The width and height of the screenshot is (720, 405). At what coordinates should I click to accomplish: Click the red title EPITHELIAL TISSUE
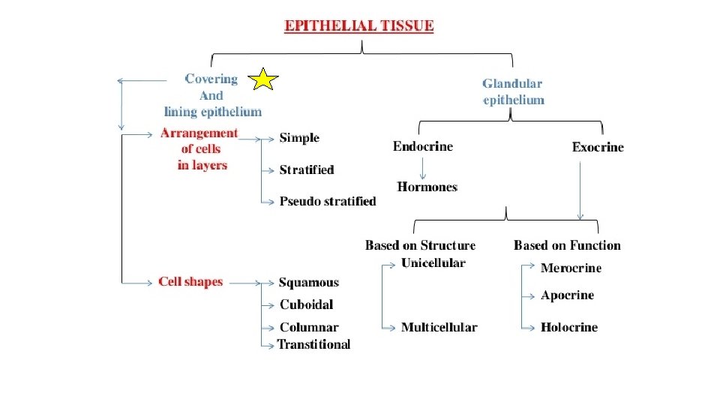tap(358, 25)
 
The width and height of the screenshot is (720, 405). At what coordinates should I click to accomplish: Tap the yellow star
tap(264, 78)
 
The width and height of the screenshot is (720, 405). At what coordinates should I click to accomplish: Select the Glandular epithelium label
tap(513, 91)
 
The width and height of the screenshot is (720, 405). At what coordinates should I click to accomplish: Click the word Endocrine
tap(423, 146)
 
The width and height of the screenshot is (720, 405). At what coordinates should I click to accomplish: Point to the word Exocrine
tap(598, 147)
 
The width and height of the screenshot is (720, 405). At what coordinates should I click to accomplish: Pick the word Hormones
tap(427, 187)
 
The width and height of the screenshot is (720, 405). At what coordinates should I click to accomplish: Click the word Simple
tap(299, 138)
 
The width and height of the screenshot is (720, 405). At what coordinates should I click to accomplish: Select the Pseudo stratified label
tap(328, 201)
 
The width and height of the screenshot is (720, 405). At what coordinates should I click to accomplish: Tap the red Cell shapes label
tap(190, 282)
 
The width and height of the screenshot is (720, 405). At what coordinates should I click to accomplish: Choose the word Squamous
tap(309, 283)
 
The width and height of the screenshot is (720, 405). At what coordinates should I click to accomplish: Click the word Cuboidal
tap(306, 304)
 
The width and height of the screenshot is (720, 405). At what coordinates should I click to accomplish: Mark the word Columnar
tap(309, 327)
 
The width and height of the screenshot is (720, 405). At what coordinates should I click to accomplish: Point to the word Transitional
tap(313, 344)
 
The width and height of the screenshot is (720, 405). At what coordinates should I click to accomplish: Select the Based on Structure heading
tap(420, 245)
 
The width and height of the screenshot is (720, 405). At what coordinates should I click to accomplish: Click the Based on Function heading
tap(567, 245)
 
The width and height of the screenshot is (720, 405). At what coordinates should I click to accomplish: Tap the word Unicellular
tap(433, 262)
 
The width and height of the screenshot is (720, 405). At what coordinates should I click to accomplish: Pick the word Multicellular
tap(439, 327)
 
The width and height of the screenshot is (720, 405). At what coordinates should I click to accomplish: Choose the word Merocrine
tap(571, 268)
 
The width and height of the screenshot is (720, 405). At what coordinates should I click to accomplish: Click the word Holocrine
tap(569, 327)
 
